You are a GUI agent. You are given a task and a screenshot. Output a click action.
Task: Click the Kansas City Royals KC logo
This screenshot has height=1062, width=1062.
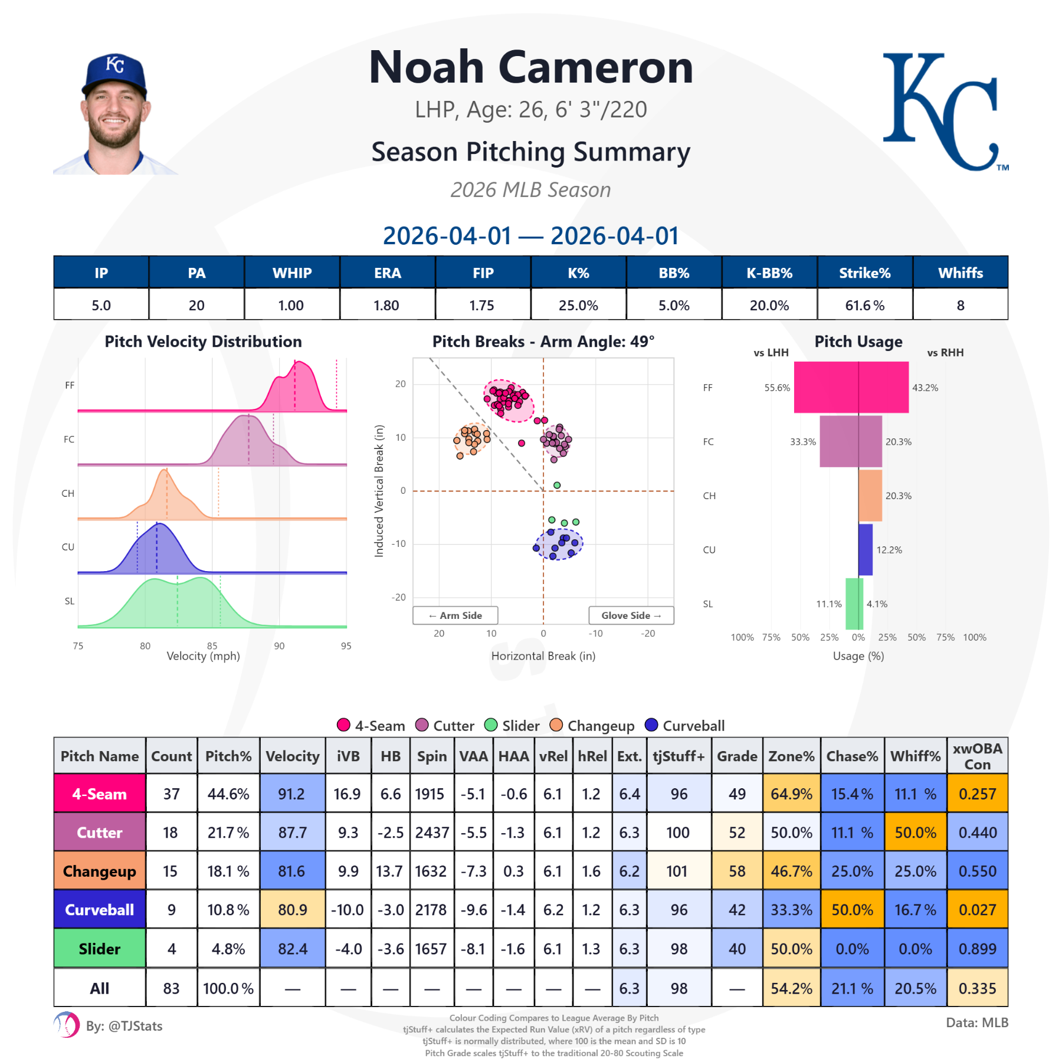(944, 112)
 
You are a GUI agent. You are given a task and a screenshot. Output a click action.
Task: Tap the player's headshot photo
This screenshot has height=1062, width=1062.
(115, 115)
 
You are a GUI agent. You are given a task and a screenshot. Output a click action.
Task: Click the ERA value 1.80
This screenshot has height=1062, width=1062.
(386, 305)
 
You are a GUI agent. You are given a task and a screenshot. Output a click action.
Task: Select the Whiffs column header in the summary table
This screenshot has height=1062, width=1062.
(960, 273)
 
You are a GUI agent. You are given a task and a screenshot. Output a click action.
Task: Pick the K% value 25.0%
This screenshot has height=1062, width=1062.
(578, 305)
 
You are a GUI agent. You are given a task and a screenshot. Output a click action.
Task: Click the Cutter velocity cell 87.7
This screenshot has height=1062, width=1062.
(292, 832)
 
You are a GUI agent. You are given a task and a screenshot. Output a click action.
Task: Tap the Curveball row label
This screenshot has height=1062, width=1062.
(99, 910)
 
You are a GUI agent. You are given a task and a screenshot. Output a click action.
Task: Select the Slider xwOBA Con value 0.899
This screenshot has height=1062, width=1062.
(977, 949)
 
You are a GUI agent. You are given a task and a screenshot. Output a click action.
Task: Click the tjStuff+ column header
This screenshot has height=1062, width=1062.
(678, 756)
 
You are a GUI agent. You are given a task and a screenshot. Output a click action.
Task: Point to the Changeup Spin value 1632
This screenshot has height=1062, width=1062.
(431, 871)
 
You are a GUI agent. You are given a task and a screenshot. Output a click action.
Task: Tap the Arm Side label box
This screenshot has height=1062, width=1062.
(455, 615)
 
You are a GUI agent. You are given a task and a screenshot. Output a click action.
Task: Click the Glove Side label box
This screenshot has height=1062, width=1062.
(631, 615)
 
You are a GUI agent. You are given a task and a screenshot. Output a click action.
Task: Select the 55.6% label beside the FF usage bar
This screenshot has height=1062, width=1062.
(777, 388)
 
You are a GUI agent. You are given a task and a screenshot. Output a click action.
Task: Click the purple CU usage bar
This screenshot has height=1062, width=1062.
(866, 549)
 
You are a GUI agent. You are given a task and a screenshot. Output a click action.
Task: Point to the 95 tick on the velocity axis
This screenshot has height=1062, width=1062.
(346, 646)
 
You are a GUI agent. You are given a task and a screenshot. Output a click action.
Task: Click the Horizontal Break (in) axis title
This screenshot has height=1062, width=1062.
(543, 656)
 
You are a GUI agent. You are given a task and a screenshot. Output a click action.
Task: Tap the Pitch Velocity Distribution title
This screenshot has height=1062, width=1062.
(203, 342)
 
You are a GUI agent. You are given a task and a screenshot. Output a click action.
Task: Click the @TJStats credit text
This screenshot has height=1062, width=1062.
(124, 1026)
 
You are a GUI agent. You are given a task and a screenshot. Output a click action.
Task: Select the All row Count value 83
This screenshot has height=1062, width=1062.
(171, 988)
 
